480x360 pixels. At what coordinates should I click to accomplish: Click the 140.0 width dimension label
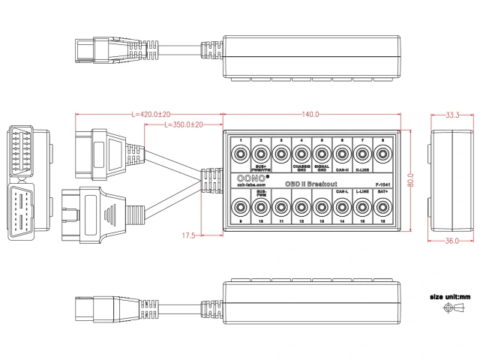pyautogui.click(x=310, y=114)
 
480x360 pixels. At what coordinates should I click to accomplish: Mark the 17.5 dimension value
pyautogui.click(x=190, y=235)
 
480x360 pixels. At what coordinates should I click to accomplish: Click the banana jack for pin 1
pyautogui.click(x=240, y=155)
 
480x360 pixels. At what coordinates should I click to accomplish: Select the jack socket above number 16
pyautogui.click(x=382, y=206)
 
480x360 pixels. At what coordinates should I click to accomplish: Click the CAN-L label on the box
pyautogui.click(x=342, y=192)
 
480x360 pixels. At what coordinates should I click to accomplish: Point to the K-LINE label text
pyautogui.click(x=362, y=170)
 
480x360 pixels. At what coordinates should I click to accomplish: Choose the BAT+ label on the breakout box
pyautogui.click(x=382, y=192)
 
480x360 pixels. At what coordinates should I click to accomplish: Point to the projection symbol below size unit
pyautogui.click(x=451, y=309)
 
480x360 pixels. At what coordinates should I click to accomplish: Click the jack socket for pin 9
pyautogui.click(x=240, y=206)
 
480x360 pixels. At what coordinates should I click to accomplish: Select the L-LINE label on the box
pyautogui.click(x=362, y=192)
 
